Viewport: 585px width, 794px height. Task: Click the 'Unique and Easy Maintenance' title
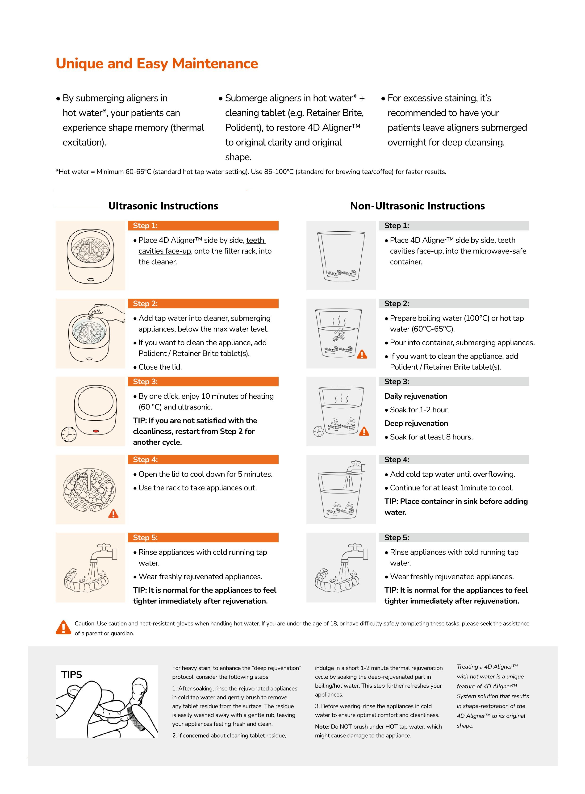[x=157, y=64]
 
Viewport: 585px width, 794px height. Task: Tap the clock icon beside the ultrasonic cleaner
[x=69, y=434]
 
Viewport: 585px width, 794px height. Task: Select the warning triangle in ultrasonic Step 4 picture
[x=113, y=514]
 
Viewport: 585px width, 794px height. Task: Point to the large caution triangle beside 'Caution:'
[x=63, y=627]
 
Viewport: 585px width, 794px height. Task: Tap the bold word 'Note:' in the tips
[x=322, y=727]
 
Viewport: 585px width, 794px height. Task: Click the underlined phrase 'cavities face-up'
[x=165, y=251]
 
